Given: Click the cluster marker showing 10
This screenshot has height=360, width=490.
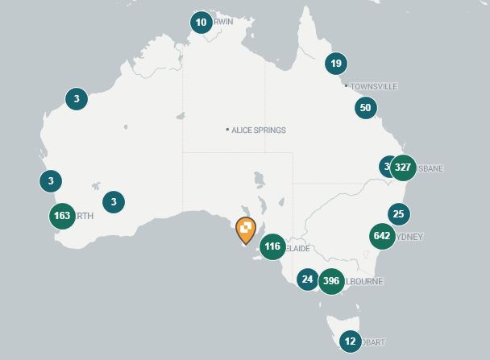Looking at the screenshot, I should click(x=201, y=22).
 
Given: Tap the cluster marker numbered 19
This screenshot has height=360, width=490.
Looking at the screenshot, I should click(x=336, y=64).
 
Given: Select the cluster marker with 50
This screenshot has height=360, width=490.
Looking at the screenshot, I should click(x=365, y=108).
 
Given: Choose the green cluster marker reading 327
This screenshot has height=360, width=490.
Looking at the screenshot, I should click(x=403, y=168).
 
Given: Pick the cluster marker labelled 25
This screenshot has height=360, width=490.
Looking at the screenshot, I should click(x=398, y=213).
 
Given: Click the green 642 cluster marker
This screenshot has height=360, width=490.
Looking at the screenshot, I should click(x=382, y=236).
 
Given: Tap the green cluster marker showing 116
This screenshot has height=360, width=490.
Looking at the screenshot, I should click(x=272, y=246).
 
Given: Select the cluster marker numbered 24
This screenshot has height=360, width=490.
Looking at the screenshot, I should click(x=307, y=279).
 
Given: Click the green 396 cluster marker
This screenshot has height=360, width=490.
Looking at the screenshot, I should click(x=330, y=281).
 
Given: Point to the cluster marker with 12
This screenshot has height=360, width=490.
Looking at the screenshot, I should click(x=350, y=341).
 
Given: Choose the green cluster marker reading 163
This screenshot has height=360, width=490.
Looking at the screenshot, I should click(x=62, y=216).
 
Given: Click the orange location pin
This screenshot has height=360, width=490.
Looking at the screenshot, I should click(x=246, y=230).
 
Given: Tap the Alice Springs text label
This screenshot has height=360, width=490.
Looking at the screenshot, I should click(x=259, y=130).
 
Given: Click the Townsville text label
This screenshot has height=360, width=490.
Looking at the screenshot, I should click(x=374, y=86).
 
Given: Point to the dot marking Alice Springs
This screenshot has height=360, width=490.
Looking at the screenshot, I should click(x=228, y=130).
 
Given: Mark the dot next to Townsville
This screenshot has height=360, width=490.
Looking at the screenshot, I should click(x=346, y=86).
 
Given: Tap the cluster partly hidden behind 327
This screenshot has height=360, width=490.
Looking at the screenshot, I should click(x=387, y=167).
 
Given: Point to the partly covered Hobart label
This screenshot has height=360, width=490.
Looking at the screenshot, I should click(x=373, y=341).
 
